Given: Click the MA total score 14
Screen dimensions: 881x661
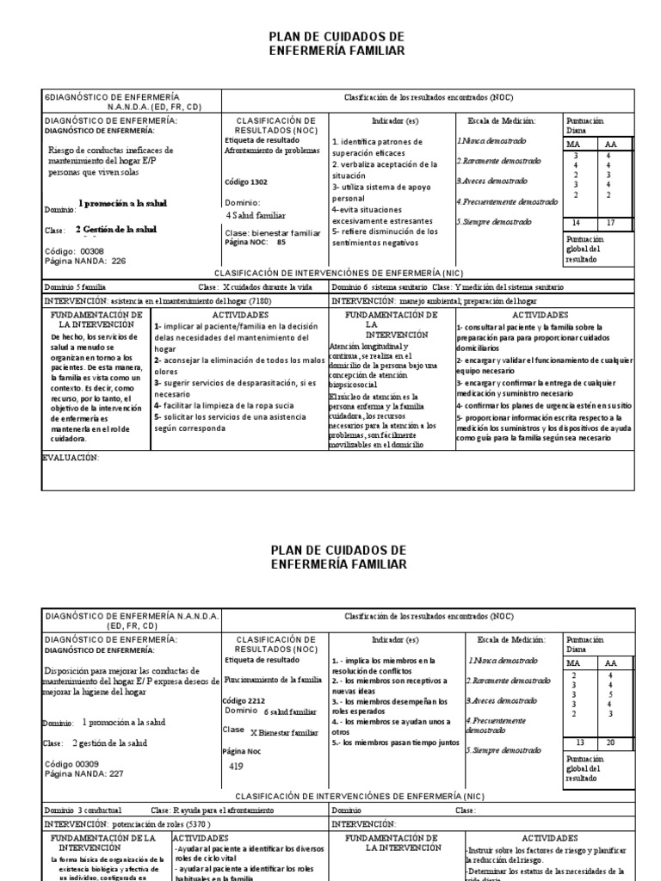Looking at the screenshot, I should (576, 223).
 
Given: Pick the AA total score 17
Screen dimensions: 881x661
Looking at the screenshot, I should (611, 223).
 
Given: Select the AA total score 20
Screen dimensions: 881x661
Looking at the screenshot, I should (611, 742).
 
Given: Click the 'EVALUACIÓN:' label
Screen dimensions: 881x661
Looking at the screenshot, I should (71, 458).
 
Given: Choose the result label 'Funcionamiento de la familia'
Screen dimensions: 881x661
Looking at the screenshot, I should (271, 679).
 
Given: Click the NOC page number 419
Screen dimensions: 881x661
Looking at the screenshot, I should (238, 765).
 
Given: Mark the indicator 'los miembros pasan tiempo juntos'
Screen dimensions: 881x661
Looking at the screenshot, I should (397, 742).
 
